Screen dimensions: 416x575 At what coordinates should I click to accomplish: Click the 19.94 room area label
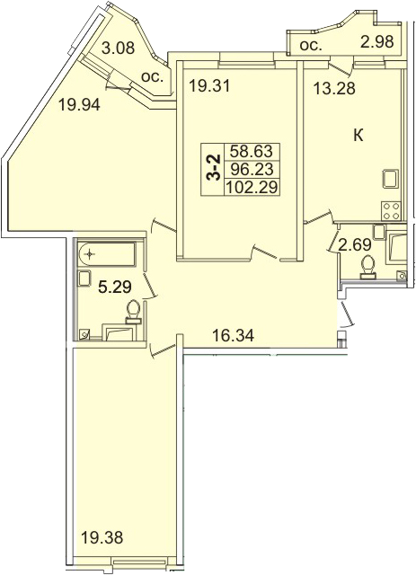click(79, 106)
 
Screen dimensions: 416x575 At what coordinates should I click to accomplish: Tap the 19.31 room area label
click(209, 86)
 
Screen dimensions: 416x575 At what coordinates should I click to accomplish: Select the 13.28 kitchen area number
click(334, 88)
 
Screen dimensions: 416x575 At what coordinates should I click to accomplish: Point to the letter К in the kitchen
click(358, 136)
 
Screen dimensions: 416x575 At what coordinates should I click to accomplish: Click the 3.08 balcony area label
click(118, 48)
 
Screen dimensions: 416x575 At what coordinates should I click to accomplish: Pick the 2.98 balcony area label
click(376, 41)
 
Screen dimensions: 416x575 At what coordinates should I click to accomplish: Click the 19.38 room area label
click(102, 538)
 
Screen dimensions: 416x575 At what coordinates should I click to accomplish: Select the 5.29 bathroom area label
click(115, 287)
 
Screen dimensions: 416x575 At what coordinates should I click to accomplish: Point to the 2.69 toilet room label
click(355, 244)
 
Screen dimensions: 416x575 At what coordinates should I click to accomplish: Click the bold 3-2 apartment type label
click(213, 168)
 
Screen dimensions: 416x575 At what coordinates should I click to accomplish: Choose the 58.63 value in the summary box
click(252, 151)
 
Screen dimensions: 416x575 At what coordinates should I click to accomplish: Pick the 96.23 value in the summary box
click(252, 169)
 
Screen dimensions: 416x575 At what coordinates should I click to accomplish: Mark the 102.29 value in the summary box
click(252, 188)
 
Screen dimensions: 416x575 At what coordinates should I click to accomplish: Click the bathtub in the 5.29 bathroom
click(107, 253)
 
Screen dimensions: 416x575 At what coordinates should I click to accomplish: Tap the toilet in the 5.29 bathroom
click(133, 312)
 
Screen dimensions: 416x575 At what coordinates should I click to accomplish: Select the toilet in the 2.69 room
click(367, 266)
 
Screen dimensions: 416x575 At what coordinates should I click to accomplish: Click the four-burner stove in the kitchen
click(391, 211)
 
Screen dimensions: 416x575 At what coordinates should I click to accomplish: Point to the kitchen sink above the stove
click(391, 180)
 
